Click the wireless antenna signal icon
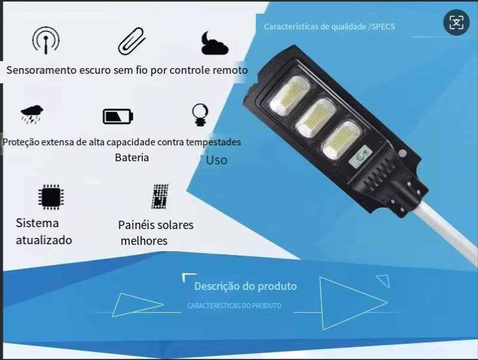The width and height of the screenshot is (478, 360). [46, 40]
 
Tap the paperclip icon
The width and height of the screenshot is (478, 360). [131, 41]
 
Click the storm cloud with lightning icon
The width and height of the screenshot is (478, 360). [32, 114]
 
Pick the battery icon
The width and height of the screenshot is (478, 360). [118, 116]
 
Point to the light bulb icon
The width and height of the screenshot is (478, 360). [200, 115]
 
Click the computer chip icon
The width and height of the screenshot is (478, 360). [51, 197]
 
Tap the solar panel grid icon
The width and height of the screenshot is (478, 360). [160, 197]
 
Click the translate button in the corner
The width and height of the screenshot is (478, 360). [456, 22]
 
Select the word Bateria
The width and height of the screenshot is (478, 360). [132, 158]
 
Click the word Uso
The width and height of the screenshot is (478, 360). [216, 160]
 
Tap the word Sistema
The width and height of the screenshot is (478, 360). [37, 223]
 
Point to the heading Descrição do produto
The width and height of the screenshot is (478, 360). [246, 286]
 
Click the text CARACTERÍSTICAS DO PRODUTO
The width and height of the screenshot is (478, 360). [234, 306]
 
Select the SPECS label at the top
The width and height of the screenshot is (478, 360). [383, 27]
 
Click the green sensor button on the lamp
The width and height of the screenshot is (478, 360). [360, 157]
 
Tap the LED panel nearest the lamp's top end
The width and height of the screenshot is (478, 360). [290, 95]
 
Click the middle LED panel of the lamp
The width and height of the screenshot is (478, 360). [316, 118]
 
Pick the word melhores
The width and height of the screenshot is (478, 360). [144, 241]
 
